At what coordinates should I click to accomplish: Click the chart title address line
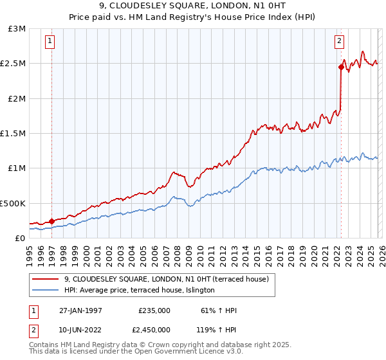pyautogui.click(x=193, y=6)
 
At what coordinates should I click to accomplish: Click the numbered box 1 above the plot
pyautogui.click(x=50, y=42)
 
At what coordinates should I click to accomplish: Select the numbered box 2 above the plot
pyautogui.click(x=339, y=42)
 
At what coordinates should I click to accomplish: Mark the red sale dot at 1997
pyautogui.click(x=51, y=221)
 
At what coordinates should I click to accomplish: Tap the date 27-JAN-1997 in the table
pyautogui.click(x=80, y=311)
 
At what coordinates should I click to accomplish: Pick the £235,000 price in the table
pyautogui.click(x=154, y=311)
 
